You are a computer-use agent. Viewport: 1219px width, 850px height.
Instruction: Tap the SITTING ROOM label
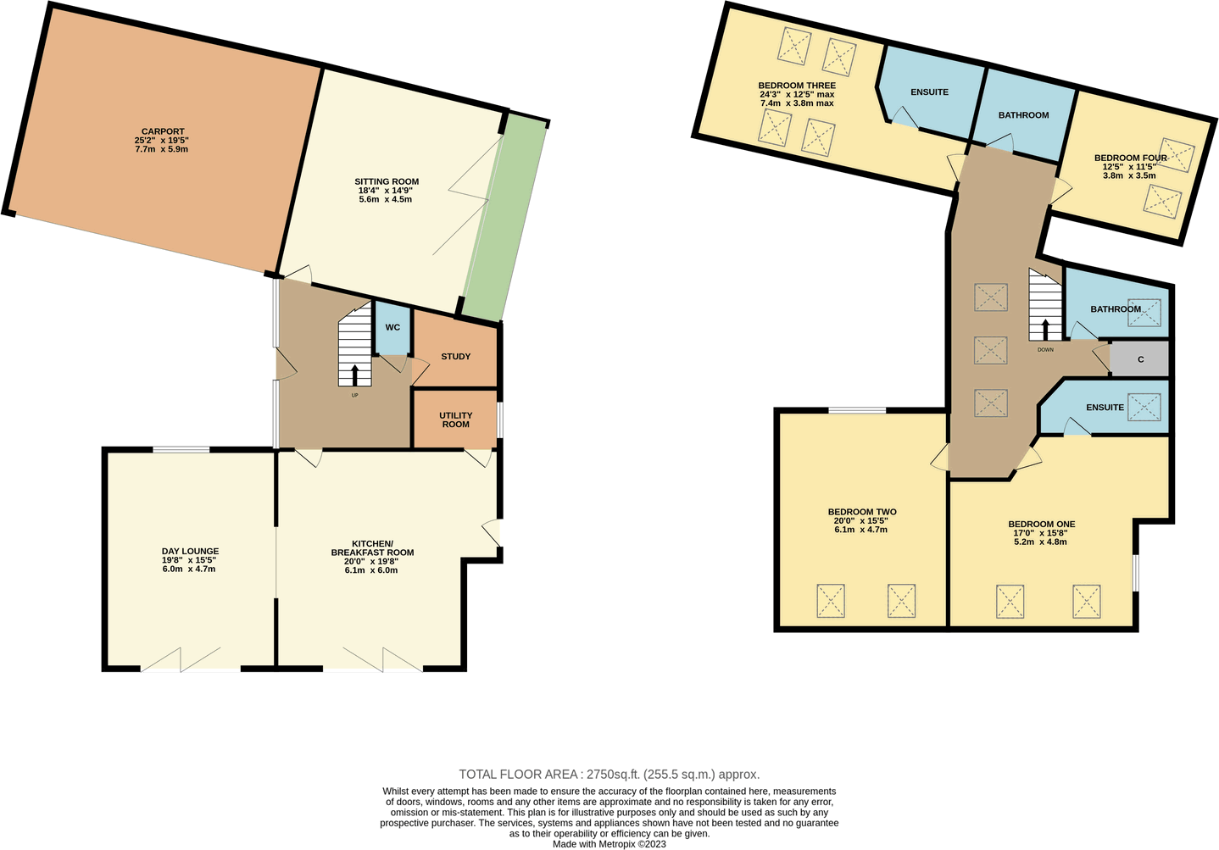tap(387, 182)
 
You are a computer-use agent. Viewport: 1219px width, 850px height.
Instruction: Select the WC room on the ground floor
tap(392, 328)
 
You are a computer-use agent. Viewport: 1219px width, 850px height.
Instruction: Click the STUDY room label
tap(455, 357)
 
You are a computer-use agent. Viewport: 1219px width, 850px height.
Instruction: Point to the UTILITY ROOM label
tap(455, 419)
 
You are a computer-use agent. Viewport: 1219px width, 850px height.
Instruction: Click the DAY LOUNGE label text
tap(190, 552)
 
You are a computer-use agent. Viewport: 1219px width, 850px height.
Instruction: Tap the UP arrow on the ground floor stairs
tap(354, 375)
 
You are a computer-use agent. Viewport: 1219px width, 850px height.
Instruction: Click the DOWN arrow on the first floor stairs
tap(1045, 329)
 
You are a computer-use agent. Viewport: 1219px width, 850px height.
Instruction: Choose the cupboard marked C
tap(1140, 359)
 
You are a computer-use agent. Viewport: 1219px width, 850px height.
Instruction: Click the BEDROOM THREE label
tap(796, 86)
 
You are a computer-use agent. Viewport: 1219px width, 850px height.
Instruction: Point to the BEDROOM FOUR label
tap(1130, 158)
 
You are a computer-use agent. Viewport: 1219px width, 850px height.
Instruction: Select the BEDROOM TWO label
tap(861, 512)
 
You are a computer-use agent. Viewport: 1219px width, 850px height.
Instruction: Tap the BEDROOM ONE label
tap(1041, 524)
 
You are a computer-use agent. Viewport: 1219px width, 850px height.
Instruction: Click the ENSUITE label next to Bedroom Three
tap(929, 92)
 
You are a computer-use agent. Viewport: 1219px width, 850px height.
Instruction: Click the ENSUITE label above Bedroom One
tap(1105, 408)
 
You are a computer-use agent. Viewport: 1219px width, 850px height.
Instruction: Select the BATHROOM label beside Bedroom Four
tap(1023, 115)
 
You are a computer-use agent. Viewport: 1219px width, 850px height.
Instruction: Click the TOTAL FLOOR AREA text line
tap(609, 774)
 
